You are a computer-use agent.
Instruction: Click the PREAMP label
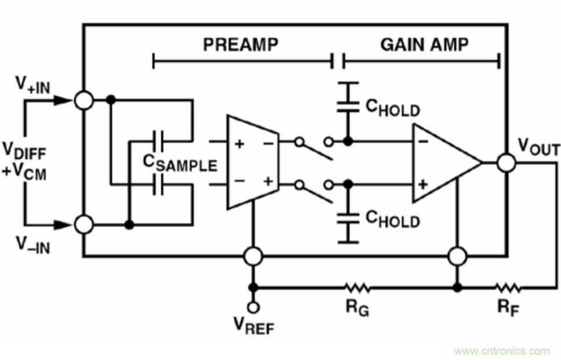point(240,45)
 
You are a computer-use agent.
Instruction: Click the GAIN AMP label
point(424,45)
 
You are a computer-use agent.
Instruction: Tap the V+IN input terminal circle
point(85,100)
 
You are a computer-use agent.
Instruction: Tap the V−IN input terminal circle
point(85,224)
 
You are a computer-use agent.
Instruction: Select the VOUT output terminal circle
point(506,163)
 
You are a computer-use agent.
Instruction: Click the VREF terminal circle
point(253,307)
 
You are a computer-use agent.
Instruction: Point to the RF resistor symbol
point(508,287)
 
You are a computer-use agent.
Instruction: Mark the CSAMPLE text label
point(180,164)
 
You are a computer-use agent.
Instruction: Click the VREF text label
point(254,326)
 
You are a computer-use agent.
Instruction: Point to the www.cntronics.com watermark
point(501,351)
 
